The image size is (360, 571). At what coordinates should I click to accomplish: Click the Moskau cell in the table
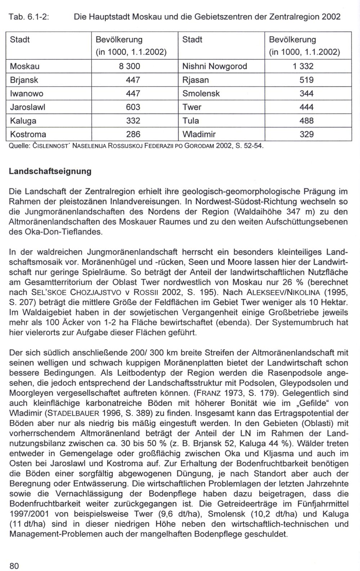click(x=25, y=66)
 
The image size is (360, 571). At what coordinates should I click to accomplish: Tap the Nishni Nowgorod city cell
click(x=215, y=66)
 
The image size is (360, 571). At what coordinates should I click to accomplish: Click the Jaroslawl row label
click(x=27, y=107)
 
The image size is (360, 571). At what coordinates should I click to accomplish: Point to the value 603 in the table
click(x=133, y=107)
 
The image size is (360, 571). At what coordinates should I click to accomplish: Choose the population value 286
click(x=133, y=134)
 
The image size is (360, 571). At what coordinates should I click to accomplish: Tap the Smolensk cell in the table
click(x=201, y=94)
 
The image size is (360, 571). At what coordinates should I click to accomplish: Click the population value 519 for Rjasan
click(x=306, y=80)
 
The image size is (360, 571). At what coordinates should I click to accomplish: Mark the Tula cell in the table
click(x=190, y=121)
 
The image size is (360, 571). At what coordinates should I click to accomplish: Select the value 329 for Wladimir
click(x=306, y=134)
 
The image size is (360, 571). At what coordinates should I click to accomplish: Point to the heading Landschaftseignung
click(x=50, y=171)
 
